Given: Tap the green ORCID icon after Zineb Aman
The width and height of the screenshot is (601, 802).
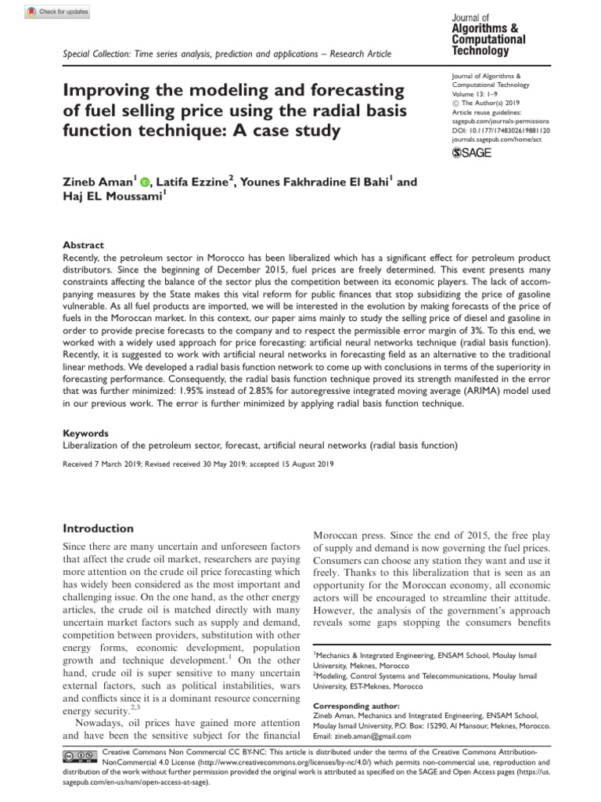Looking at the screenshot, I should pos(144,182).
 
